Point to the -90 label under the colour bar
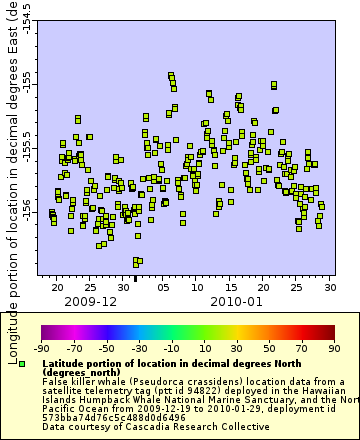(x=41, y=348)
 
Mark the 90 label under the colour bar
(x=334, y=348)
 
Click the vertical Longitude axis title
(x=11, y=160)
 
